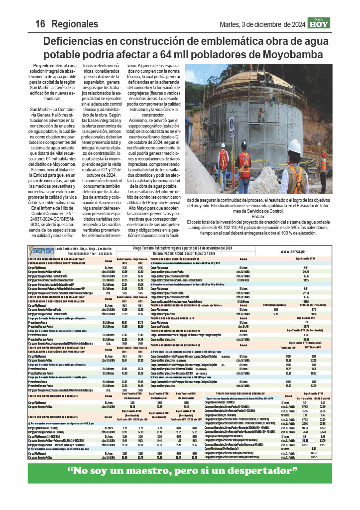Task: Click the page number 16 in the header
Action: [x=40, y=24]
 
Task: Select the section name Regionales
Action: [x=75, y=24]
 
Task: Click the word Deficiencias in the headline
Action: [x=80, y=41]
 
